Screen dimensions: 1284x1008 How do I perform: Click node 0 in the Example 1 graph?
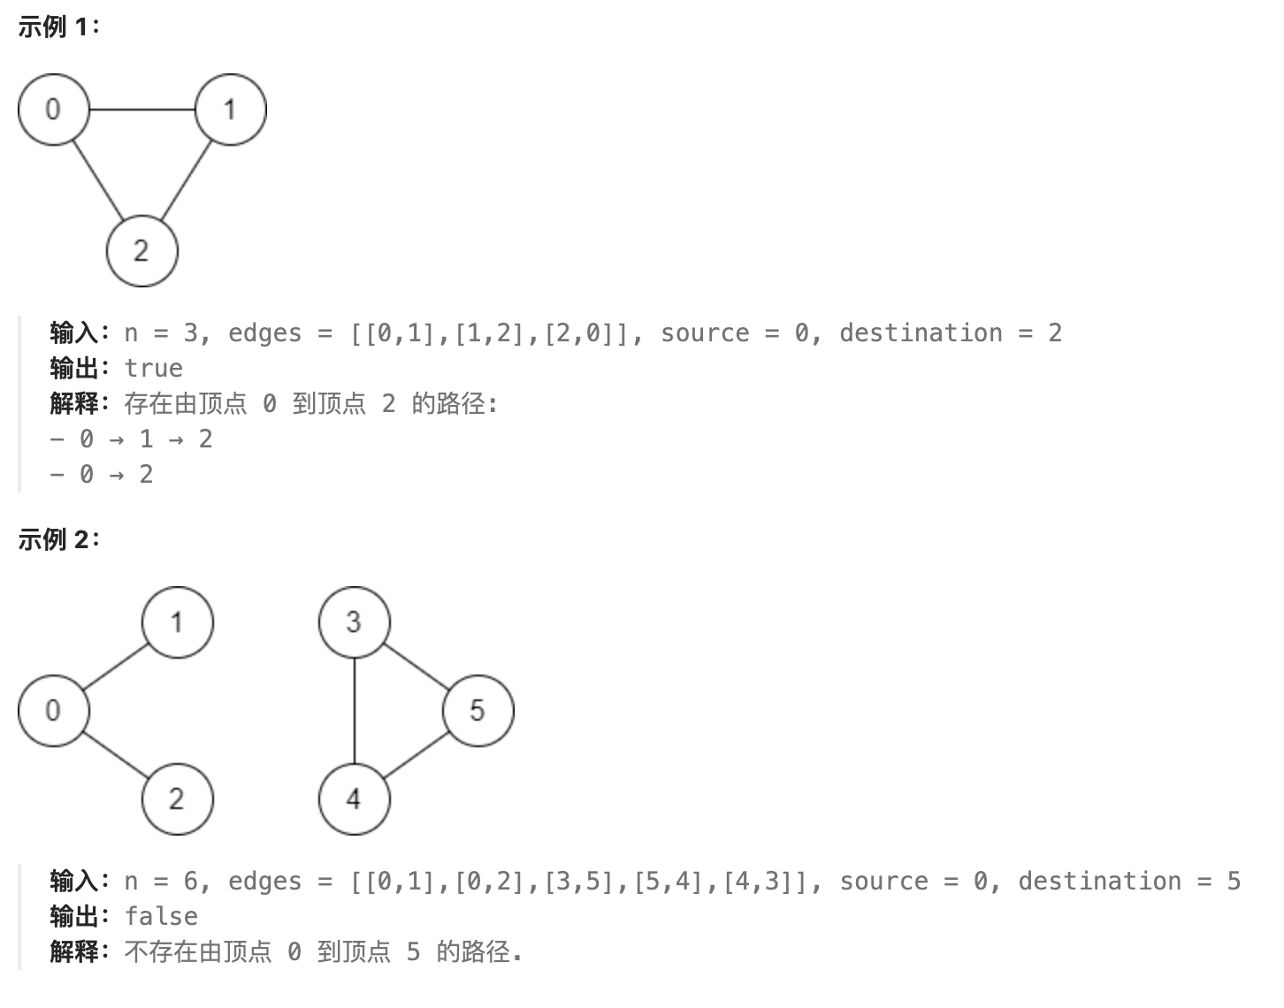coord(53,110)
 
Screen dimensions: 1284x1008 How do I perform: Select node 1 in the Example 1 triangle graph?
coord(230,110)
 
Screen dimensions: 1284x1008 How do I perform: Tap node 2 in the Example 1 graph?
coord(141,251)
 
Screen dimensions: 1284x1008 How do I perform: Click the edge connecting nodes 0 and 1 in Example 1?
coord(141,110)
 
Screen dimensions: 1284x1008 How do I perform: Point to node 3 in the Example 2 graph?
coord(354,622)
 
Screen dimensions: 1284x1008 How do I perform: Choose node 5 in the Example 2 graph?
coord(478,711)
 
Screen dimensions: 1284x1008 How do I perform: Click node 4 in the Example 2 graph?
coord(354,799)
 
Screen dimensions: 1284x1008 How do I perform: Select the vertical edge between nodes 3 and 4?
coord(354,711)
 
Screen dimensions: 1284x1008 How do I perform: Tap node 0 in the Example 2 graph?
coord(53,711)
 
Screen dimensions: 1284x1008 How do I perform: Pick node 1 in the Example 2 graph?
coord(177,622)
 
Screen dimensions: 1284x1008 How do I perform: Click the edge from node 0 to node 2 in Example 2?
coord(115,755)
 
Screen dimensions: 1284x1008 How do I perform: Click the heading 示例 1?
coord(58,27)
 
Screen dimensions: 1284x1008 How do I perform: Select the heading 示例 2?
coord(58,539)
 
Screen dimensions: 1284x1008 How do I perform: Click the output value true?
coord(153,369)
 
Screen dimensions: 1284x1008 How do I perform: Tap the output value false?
coord(161,917)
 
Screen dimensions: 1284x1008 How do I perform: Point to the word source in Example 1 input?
coord(705,333)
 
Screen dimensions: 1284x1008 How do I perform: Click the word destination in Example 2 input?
coord(1099,882)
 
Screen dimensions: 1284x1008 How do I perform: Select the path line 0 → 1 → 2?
coord(131,439)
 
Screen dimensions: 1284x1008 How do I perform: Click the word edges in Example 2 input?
coord(264,882)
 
